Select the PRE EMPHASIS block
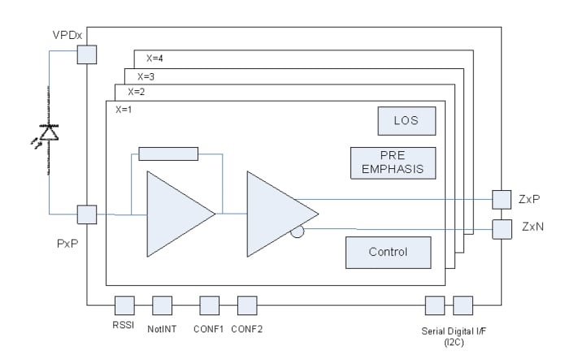point(393,163)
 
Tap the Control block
point(388,252)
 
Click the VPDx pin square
point(86,54)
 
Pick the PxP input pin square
point(86,215)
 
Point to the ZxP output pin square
point(502,199)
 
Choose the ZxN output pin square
point(502,228)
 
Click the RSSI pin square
point(124,305)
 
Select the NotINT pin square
point(162,305)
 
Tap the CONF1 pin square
point(210,305)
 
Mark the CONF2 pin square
point(246,305)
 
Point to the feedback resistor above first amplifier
point(168,154)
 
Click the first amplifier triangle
point(176,214)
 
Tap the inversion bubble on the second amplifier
point(298,233)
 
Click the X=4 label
point(155,59)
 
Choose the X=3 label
point(146,76)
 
